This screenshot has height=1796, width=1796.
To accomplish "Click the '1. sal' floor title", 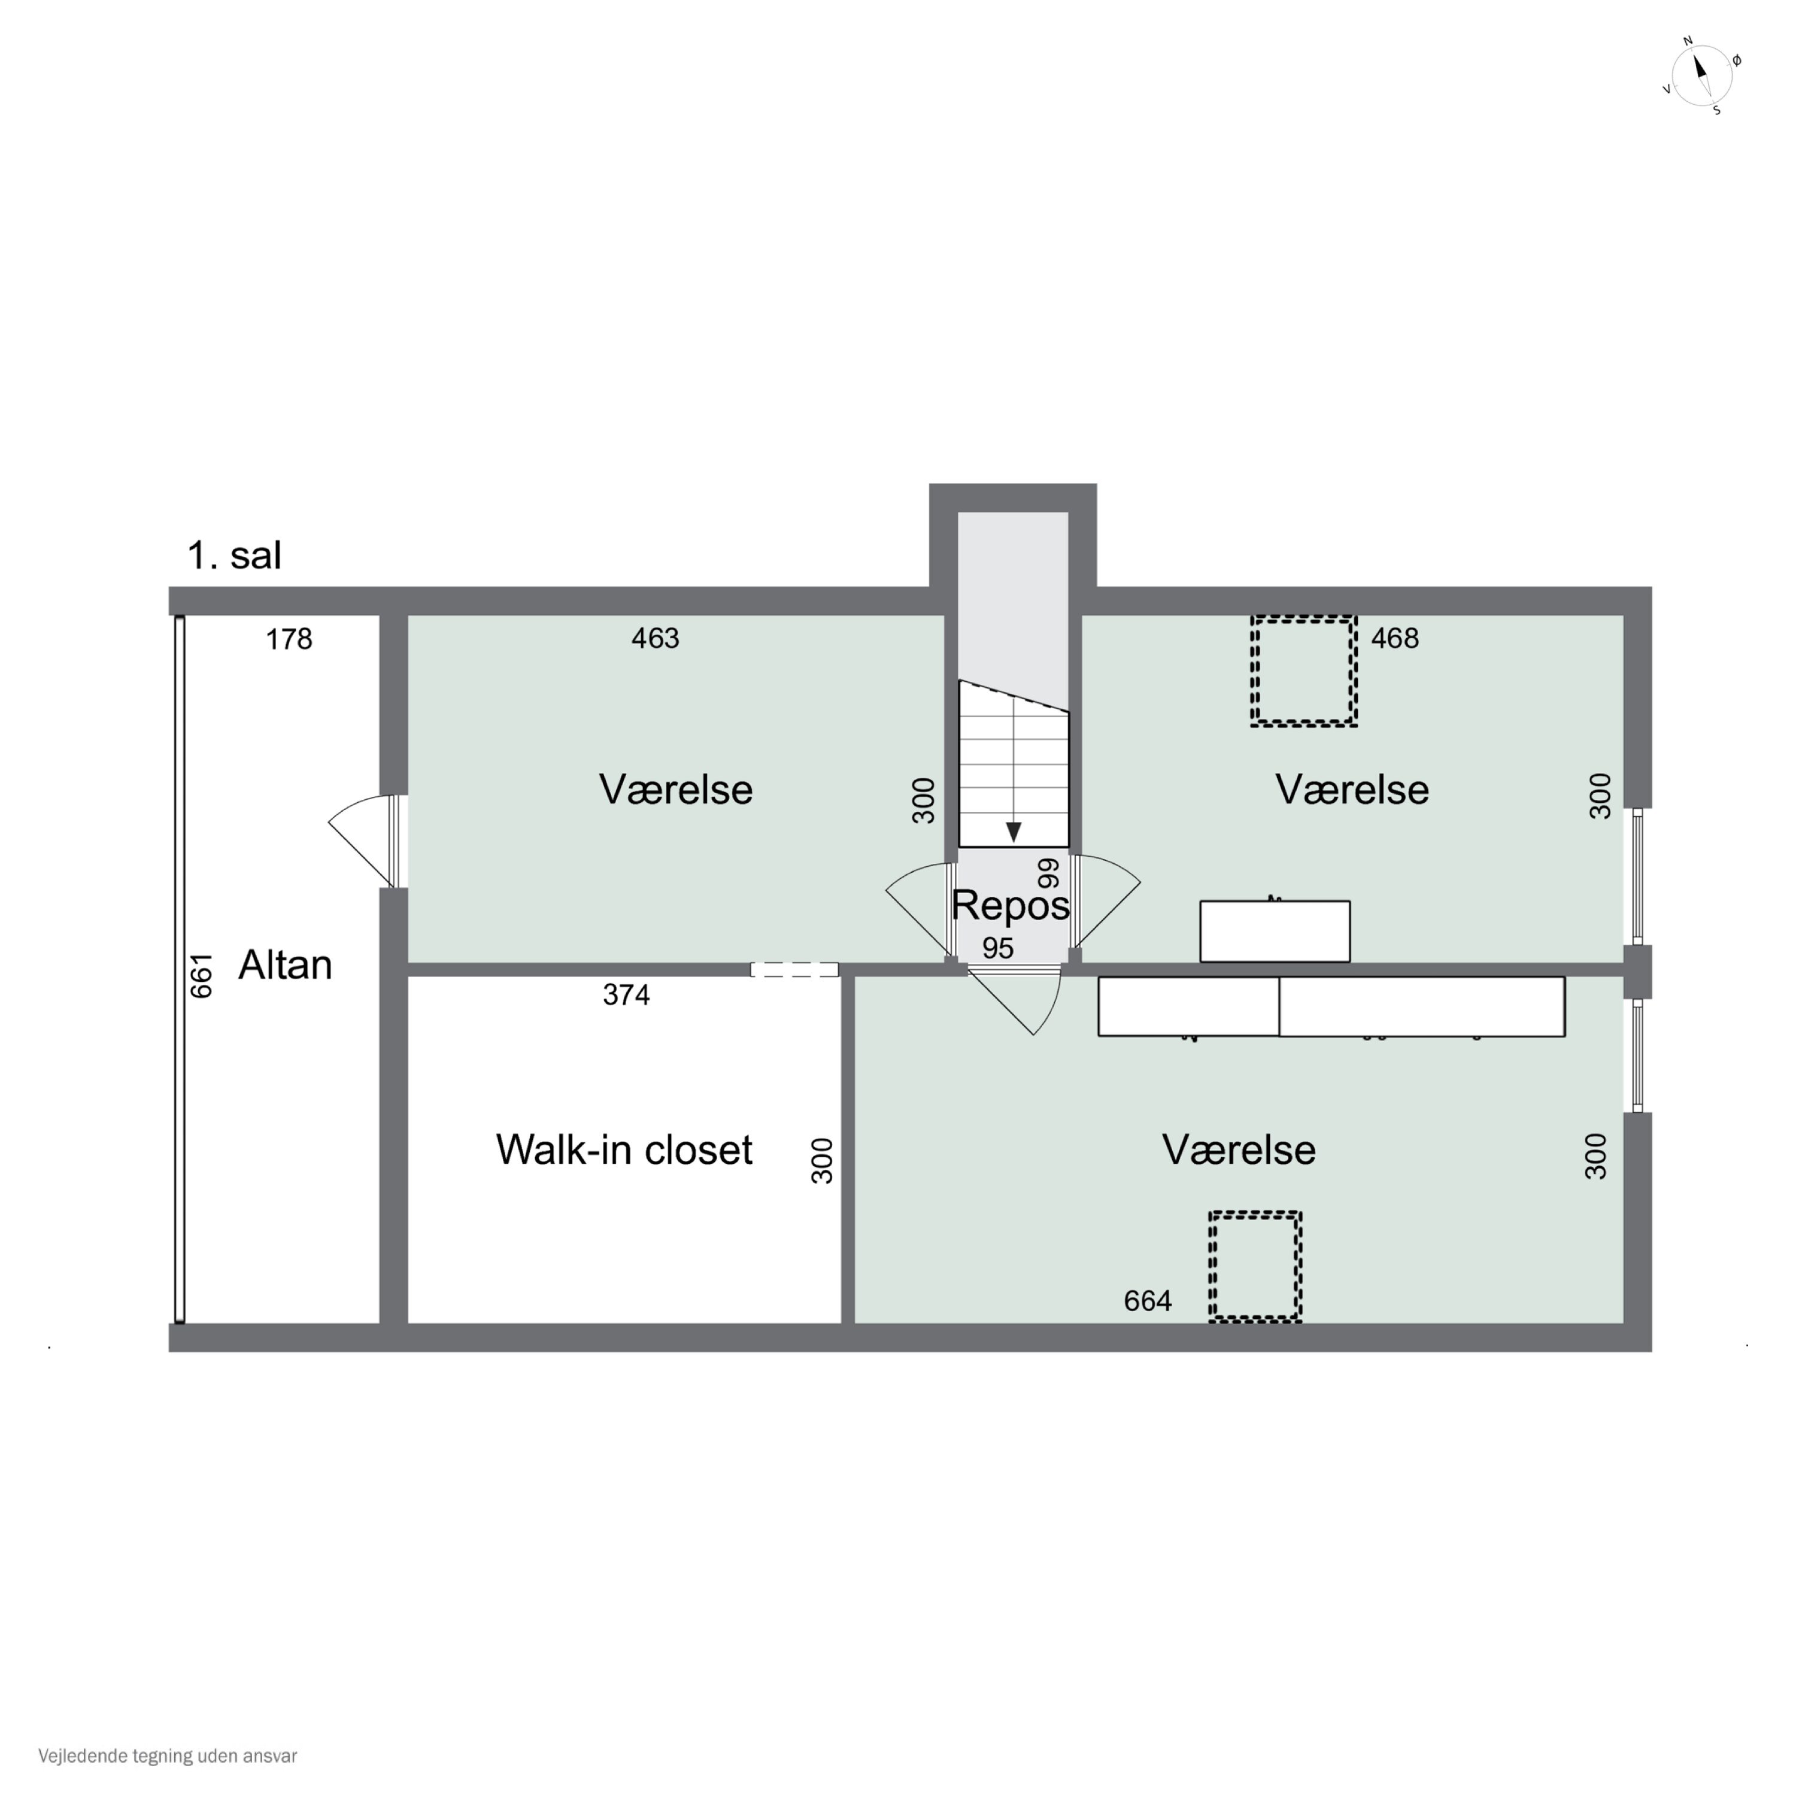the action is tap(234, 556).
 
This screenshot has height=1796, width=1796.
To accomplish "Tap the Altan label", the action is tap(286, 965).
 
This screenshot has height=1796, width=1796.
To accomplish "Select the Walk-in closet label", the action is tap(624, 1150).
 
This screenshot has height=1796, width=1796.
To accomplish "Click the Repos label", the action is tap(1011, 905).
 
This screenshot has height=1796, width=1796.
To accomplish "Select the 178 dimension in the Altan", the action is tap(289, 639).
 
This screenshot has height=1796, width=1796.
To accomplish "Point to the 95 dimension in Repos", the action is tap(997, 948).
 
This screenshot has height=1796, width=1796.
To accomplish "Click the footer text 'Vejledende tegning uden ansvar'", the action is tap(168, 1756).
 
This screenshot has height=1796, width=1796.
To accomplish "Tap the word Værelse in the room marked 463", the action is tap(676, 790).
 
